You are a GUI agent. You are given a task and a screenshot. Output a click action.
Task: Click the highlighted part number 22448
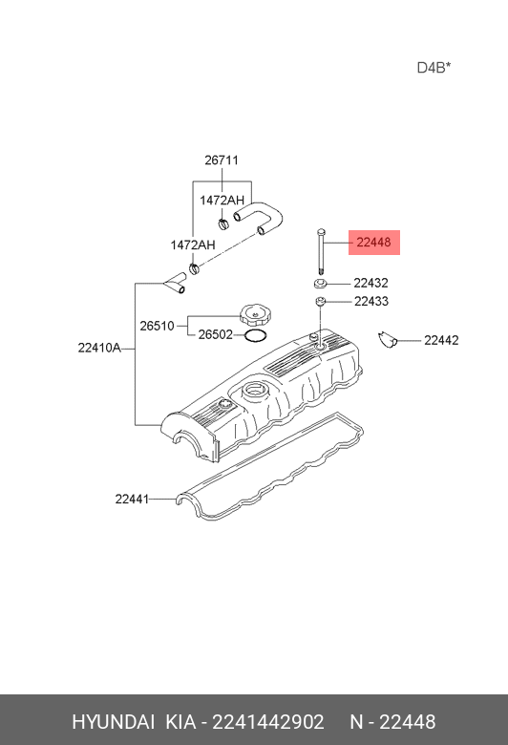(x=373, y=243)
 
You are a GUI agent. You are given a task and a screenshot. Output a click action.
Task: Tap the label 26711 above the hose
(x=222, y=160)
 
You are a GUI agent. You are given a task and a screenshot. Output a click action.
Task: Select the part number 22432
(x=370, y=283)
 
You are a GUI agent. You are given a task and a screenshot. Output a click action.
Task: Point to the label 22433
(x=371, y=301)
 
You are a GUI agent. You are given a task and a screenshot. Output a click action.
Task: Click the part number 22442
(x=441, y=340)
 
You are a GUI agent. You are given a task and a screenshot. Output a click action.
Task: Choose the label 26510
(x=157, y=326)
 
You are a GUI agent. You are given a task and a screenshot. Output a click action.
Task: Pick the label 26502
(x=215, y=334)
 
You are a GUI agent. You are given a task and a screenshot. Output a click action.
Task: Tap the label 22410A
(x=99, y=348)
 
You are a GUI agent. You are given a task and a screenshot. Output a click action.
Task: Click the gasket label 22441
(x=132, y=499)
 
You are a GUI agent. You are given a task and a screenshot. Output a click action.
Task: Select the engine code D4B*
(x=434, y=68)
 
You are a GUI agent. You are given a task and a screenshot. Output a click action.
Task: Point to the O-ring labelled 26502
(x=256, y=336)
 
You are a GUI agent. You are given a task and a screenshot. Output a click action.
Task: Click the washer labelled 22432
(x=319, y=284)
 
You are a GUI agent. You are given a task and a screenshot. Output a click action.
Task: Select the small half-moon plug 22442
(x=388, y=340)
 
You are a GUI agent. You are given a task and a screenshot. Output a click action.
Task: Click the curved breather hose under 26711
(x=260, y=218)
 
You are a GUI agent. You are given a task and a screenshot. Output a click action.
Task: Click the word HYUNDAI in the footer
(x=113, y=722)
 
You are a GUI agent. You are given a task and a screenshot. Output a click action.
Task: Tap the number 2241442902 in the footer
(x=268, y=722)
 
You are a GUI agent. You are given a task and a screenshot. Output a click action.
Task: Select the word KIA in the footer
(x=180, y=722)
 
